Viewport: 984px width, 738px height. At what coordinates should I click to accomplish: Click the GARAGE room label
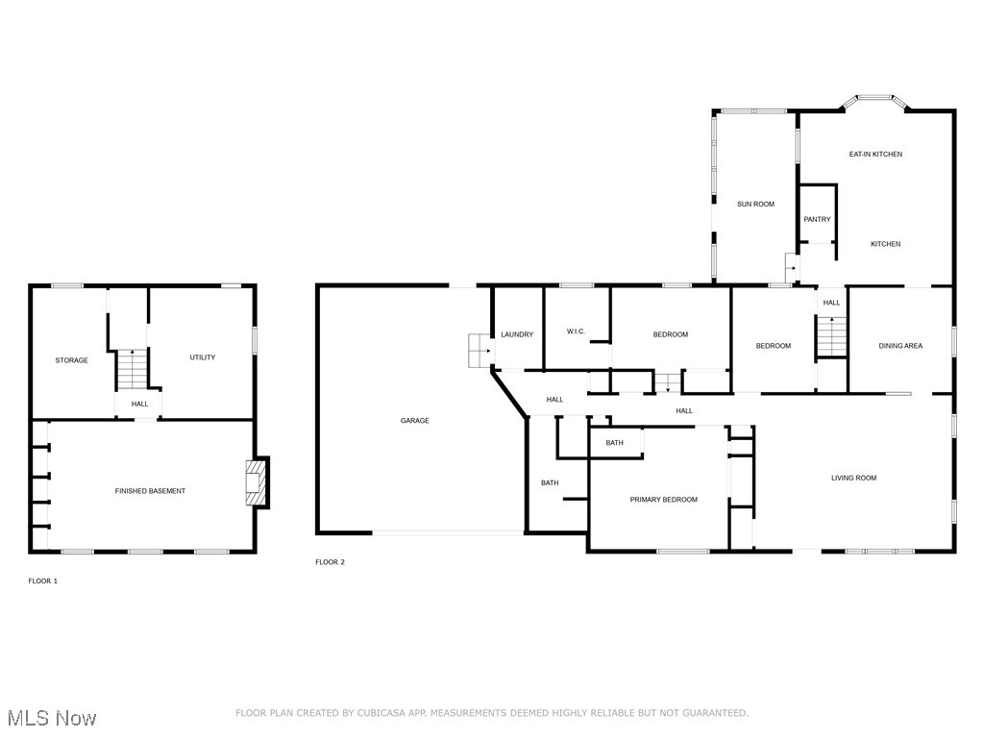(415, 420)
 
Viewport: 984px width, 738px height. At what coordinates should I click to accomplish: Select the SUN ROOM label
(755, 204)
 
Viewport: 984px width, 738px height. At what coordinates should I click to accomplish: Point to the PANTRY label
(817, 219)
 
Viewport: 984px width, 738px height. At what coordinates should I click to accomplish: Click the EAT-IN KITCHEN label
(875, 154)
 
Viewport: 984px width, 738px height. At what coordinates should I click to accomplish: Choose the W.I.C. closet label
(576, 332)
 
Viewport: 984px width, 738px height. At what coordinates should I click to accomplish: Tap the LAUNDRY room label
(517, 334)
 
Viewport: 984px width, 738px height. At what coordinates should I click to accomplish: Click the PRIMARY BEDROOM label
(663, 500)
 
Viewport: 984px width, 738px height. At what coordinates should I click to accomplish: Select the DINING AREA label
(900, 346)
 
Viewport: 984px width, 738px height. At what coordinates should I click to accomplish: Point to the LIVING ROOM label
(853, 478)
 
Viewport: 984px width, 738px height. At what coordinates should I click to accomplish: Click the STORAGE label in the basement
(71, 360)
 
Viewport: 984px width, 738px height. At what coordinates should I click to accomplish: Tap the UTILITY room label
(202, 357)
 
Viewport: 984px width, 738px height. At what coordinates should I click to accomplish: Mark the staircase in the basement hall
(132, 369)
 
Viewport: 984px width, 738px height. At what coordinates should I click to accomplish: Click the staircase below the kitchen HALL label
(831, 336)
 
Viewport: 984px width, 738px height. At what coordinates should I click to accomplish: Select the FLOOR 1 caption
(42, 581)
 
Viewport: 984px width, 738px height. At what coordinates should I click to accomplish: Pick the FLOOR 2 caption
(330, 562)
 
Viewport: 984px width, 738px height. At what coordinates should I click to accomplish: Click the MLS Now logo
(52, 718)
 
